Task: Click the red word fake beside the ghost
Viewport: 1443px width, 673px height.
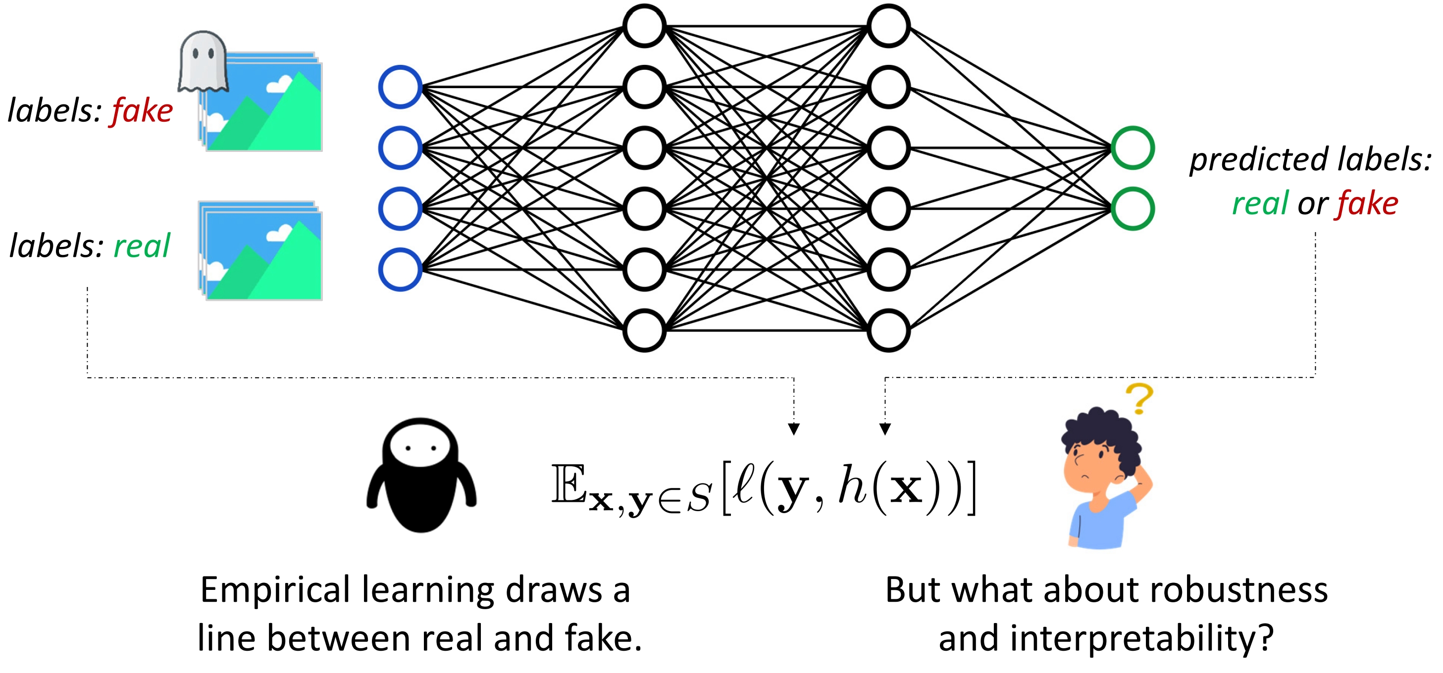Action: click(x=142, y=111)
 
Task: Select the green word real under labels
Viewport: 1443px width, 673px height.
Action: click(x=142, y=246)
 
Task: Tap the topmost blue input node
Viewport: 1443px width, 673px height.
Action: click(x=400, y=87)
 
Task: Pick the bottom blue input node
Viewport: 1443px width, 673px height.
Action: click(x=400, y=269)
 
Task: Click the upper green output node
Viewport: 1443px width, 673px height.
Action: click(x=1133, y=148)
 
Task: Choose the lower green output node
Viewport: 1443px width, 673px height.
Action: click(x=1133, y=209)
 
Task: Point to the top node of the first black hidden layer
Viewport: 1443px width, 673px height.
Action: click(x=644, y=26)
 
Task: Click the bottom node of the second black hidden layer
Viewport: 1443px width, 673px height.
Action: click(x=888, y=331)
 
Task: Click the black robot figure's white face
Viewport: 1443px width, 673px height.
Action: click(x=420, y=448)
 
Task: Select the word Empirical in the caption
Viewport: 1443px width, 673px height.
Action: click(x=277, y=591)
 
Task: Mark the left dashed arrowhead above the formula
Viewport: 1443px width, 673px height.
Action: click(x=794, y=430)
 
